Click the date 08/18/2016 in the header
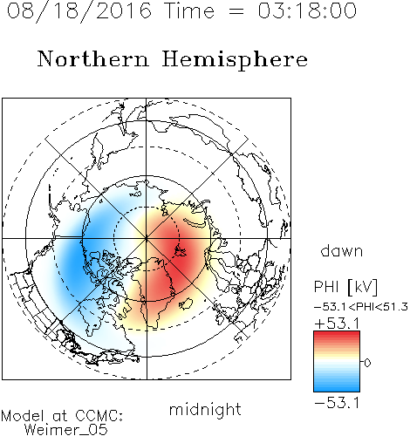point(79,11)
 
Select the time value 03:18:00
point(307,10)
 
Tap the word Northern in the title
point(93,59)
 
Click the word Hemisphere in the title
point(235,60)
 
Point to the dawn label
point(342,250)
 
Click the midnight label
point(205,410)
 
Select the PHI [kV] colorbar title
point(345,287)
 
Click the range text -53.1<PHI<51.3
point(361,307)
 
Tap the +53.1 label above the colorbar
point(337,324)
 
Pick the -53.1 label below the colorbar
point(337,403)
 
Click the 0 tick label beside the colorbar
point(367,363)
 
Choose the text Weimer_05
point(66,430)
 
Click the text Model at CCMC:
point(62,416)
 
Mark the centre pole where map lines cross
point(147,238)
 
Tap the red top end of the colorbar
point(337,333)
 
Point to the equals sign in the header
point(236,11)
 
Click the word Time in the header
point(189,10)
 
